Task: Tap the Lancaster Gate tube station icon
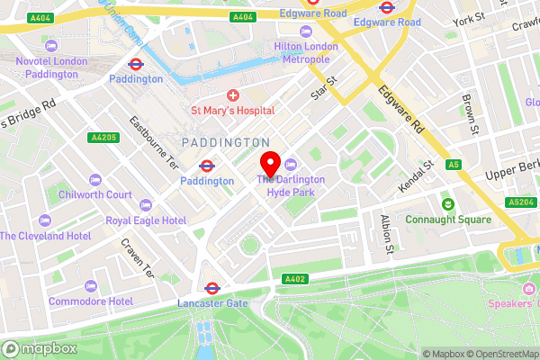(x=212, y=289)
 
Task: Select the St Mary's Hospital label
(x=232, y=111)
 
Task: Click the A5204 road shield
(x=521, y=202)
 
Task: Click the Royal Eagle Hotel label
(x=146, y=220)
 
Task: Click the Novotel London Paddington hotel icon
(x=51, y=45)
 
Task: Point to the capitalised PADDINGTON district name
(x=225, y=143)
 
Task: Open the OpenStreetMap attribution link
(x=500, y=354)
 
